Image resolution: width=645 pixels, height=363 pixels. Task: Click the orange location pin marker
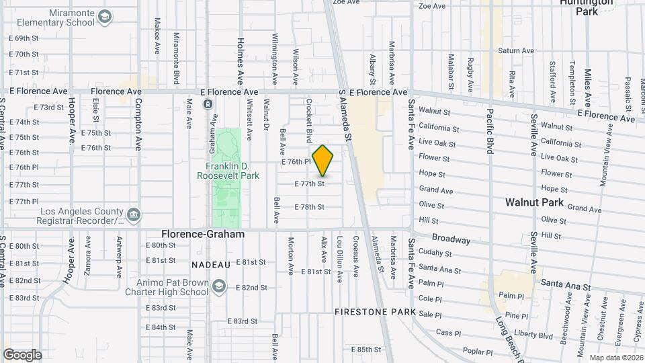323,161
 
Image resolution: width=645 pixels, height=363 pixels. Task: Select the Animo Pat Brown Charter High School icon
218,287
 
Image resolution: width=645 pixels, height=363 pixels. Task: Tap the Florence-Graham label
202,234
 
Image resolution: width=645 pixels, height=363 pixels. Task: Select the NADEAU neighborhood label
210,265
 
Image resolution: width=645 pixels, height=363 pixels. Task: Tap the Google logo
22,354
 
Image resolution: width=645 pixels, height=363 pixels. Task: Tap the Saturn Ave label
515,50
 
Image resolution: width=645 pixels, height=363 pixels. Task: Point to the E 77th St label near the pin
310,183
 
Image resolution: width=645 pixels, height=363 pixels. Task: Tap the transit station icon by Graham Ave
208,104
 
